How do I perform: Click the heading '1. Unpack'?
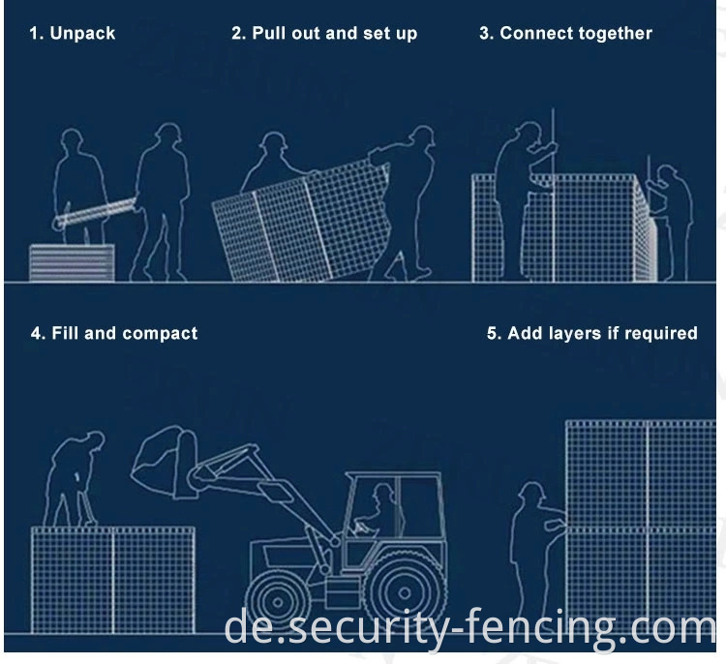coord(73,33)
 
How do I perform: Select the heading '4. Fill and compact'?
coord(114,333)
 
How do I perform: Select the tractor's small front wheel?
coord(278,602)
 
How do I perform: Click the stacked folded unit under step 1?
coord(72,262)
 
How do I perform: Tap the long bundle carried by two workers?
coord(95,212)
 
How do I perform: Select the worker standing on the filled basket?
coord(73,479)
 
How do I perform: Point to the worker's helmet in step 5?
coord(531,490)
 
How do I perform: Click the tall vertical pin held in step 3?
coord(553,195)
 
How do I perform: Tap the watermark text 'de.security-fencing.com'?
coord(469,627)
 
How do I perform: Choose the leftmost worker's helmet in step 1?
coord(72,136)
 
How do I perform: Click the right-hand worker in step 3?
coord(672,223)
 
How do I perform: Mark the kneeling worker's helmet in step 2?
coord(274,139)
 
